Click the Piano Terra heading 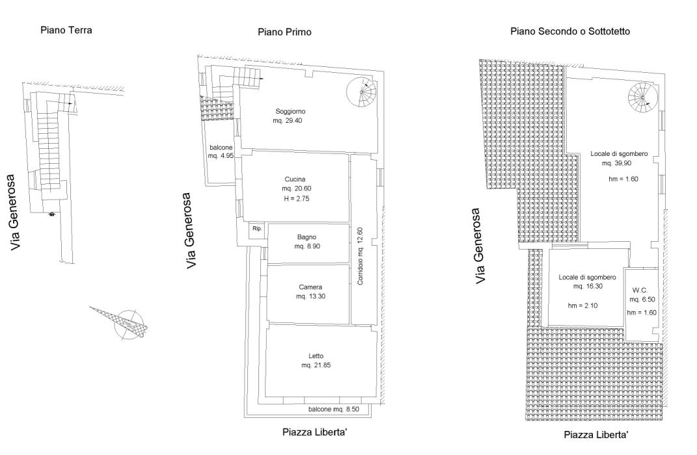66,30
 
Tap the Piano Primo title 284,32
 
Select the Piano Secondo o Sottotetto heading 570,31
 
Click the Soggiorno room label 290,111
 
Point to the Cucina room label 295,179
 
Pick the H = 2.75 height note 297,198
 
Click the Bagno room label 307,237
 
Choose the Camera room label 310,287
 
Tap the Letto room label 316,356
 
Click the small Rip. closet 257,229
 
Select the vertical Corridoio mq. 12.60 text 360,256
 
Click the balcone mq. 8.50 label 334,409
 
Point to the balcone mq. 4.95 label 221,151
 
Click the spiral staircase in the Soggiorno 361,92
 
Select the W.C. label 640,291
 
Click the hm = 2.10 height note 582,305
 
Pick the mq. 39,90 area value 616,163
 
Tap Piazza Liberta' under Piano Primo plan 315,432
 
